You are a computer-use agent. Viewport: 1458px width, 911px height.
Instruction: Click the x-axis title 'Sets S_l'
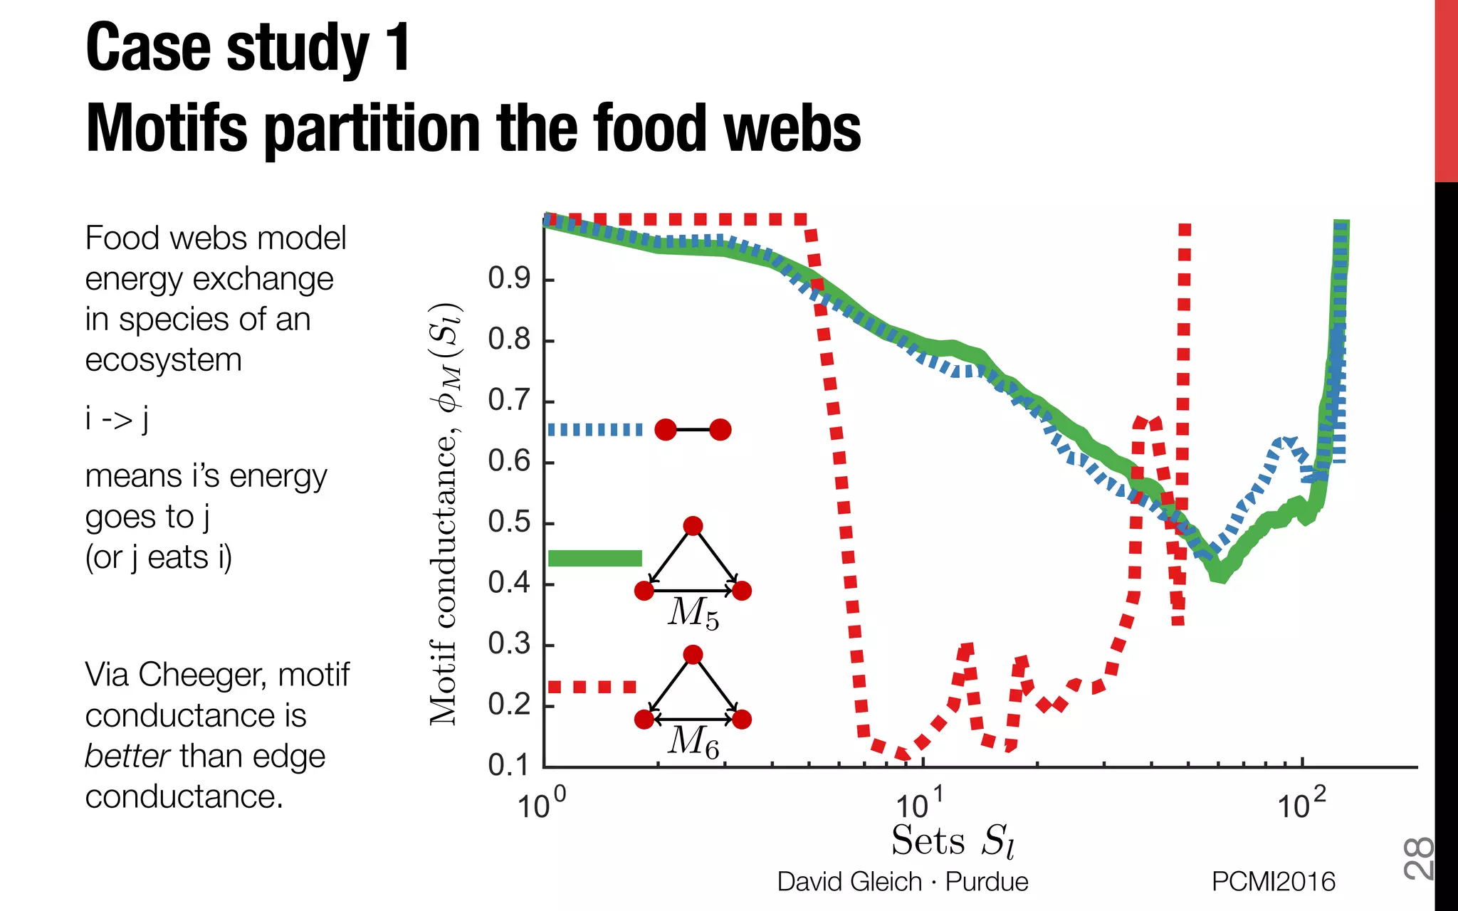pos(953,841)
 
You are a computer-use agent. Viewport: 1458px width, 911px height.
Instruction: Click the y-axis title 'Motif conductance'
pos(444,512)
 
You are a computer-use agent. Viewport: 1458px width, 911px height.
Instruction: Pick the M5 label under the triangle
pos(693,613)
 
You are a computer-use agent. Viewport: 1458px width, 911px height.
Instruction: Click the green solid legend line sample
pos(594,558)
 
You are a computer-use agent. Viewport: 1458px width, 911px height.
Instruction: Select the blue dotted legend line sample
pos(594,430)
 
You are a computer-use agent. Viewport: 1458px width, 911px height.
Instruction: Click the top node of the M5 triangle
pos(693,526)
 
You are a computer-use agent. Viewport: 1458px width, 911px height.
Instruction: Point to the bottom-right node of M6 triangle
pos(742,720)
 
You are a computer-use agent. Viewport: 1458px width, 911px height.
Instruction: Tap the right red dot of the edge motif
pos(720,430)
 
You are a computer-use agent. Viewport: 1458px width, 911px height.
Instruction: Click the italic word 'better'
pos(127,756)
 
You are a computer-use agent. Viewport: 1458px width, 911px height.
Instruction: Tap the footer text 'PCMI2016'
pos(1273,882)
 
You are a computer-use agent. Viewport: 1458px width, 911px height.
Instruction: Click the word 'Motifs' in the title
pos(167,129)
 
